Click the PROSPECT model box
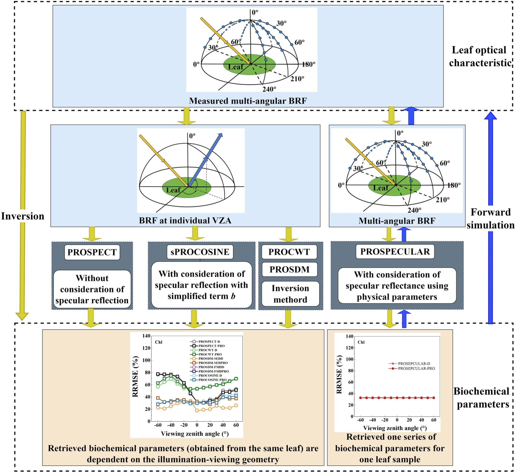pos(92,252)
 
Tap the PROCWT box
pos(289,252)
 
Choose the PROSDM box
pos(289,269)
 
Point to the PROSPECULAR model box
pos(395,251)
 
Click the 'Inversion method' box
pos(290,294)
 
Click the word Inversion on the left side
pos(22,216)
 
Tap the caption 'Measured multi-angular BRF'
pos(248,101)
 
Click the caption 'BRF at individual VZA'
pos(185,220)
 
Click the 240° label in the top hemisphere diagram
pos(269,89)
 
